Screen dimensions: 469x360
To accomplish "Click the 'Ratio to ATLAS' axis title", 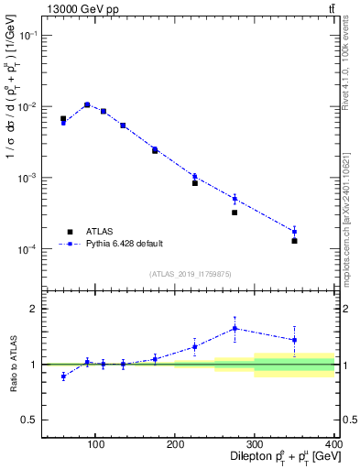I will tap(14, 364).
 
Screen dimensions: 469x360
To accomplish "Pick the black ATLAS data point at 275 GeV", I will tap(235, 213).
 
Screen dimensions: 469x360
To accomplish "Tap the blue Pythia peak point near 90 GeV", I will tap(87, 104).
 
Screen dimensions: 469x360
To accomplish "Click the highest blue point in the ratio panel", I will tap(235, 328).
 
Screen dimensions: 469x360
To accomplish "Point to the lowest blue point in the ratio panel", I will tap(63, 376).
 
